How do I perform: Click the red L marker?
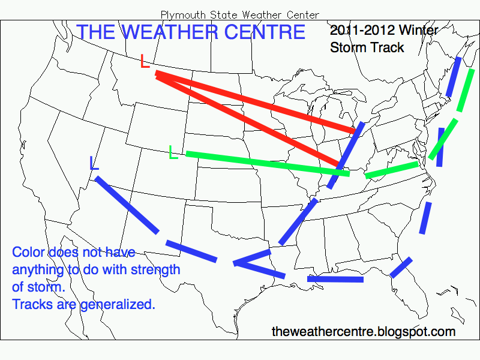[x=145, y=61]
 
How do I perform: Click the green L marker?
[x=174, y=152]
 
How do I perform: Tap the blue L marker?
[x=94, y=163]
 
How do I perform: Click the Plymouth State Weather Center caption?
[x=240, y=14]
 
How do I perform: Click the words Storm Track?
[x=367, y=47]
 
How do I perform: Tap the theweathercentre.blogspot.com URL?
[x=364, y=331]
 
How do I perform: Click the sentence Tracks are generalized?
[x=83, y=304]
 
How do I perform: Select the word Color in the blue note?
[x=28, y=252]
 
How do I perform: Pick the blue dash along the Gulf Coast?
[x=335, y=279]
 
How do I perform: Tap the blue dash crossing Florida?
[x=401, y=268]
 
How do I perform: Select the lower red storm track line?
[x=246, y=117]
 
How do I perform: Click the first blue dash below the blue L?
[x=127, y=204]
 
